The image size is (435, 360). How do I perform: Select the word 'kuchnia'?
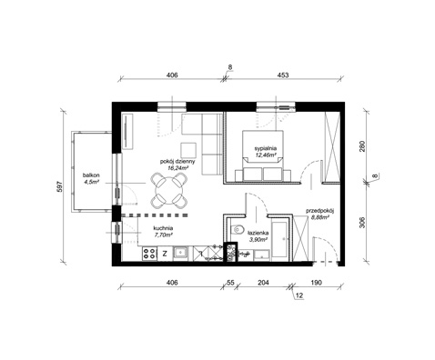click(x=164, y=228)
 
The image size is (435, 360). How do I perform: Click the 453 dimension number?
click(x=283, y=75)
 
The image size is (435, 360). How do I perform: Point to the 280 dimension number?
click(x=361, y=146)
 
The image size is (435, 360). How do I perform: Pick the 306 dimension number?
click(x=361, y=225)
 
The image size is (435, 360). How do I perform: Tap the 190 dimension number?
click(x=316, y=284)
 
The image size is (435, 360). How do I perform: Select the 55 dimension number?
click(x=230, y=284)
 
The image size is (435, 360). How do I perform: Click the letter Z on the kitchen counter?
click(x=164, y=253)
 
